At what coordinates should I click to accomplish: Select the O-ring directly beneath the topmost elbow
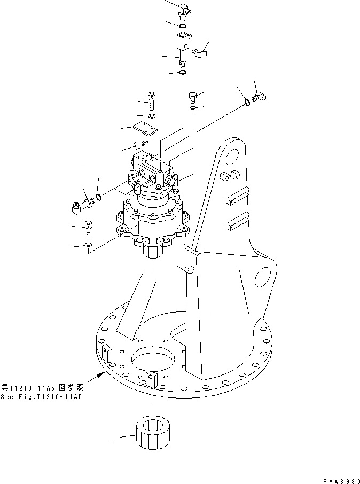coord(182,25)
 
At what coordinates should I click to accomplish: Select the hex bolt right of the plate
coord(193,97)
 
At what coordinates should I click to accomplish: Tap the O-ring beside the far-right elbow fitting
coord(247,103)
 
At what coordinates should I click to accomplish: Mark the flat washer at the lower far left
coord(88,245)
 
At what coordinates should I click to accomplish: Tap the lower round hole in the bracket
coord(263,278)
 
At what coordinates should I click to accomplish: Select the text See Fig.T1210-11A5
coord(42,396)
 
